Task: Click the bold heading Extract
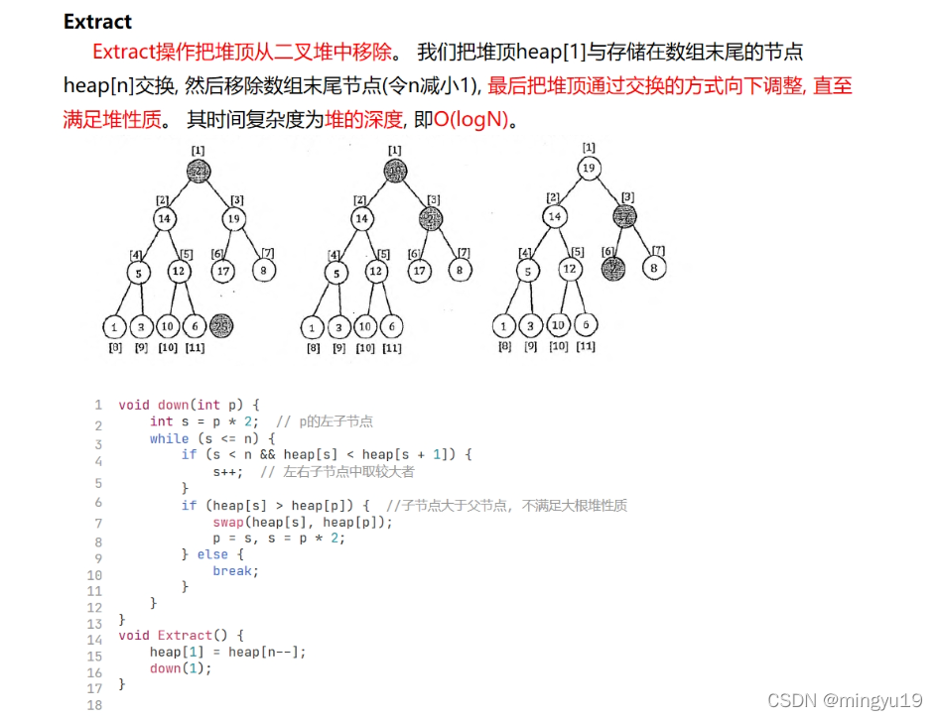click(97, 22)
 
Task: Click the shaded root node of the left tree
click(199, 172)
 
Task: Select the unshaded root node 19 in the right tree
click(589, 168)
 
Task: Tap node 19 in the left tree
click(234, 218)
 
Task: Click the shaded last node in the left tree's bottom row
click(221, 325)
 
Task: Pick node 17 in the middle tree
click(419, 270)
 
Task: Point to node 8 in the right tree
click(652, 267)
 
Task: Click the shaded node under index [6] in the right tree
click(615, 267)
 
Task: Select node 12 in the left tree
click(179, 270)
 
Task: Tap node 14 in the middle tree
click(362, 218)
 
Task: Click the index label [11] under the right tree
click(586, 346)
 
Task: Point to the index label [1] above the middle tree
click(395, 150)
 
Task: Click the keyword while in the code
click(169, 438)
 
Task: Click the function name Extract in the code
click(185, 636)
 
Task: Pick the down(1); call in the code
click(181, 668)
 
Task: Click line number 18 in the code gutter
click(95, 705)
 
